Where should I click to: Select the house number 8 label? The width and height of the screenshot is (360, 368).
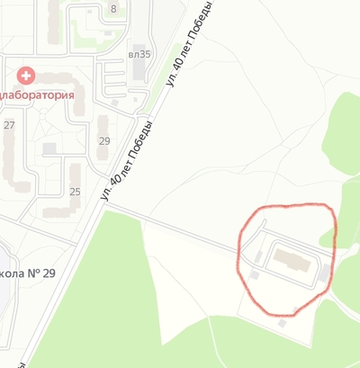pyautogui.click(x=113, y=9)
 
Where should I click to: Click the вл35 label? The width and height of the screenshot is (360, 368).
pyautogui.click(x=139, y=53)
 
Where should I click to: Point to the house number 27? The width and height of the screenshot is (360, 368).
pyautogui.click(x=9, y=124)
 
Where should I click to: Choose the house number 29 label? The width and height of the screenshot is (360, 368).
pyautogui.click(x=104, y=140)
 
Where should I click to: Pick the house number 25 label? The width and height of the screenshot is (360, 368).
pyautogui.click(x=75, y=191)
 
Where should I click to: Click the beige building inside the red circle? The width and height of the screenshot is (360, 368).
pyautogui.click(x=290, y=260)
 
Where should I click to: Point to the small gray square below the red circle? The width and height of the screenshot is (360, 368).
pyautogui.click(x=283, y=322)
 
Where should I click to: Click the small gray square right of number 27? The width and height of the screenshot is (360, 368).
pyautogui.click(x=49, y=147)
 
